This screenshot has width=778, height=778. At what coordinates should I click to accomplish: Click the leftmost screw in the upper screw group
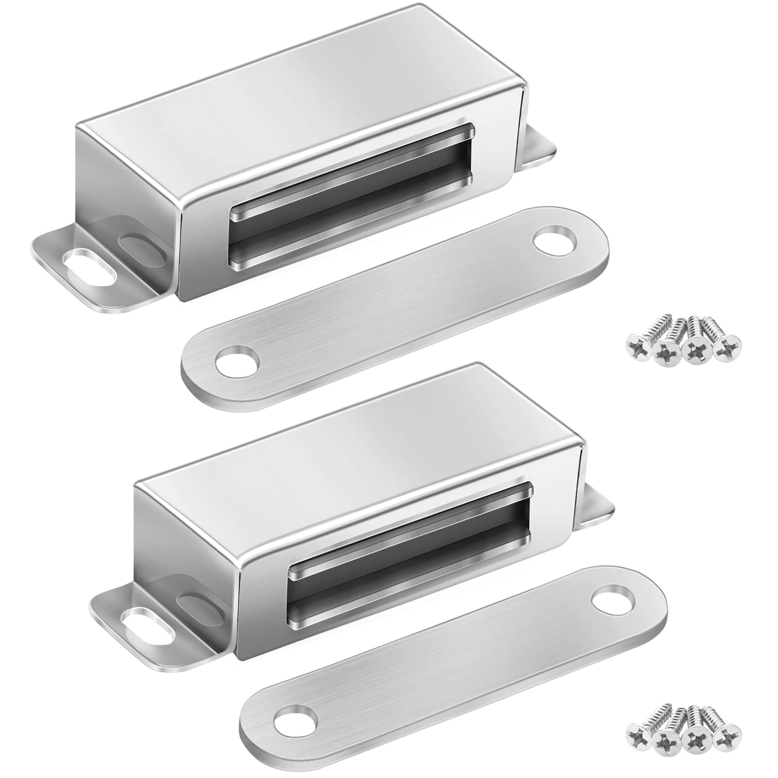click(x=637, y=343)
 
